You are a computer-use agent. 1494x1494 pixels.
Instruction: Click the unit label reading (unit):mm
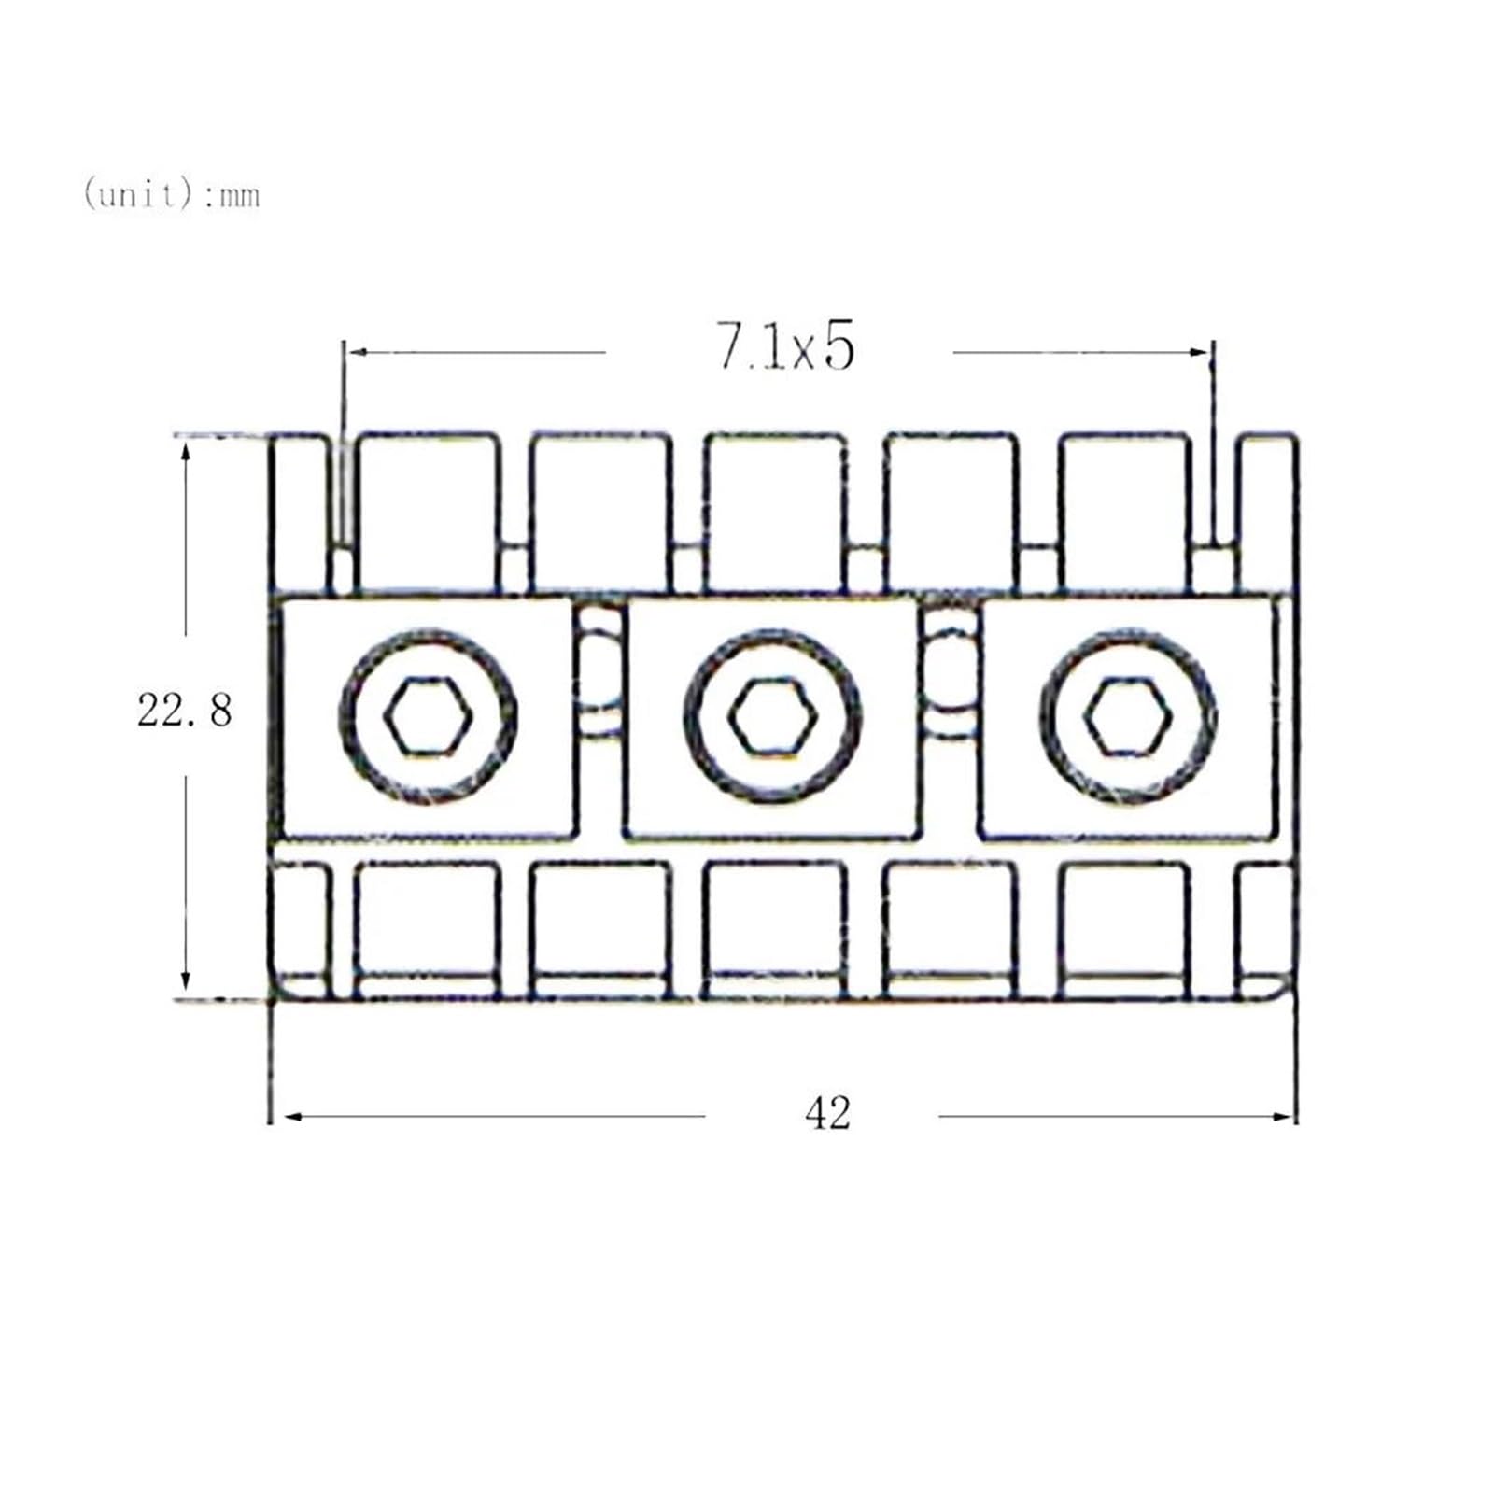point(171,194)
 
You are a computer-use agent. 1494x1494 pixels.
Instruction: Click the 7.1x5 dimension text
point(785,346)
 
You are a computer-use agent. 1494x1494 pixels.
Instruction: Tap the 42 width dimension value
point(827,1114)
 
